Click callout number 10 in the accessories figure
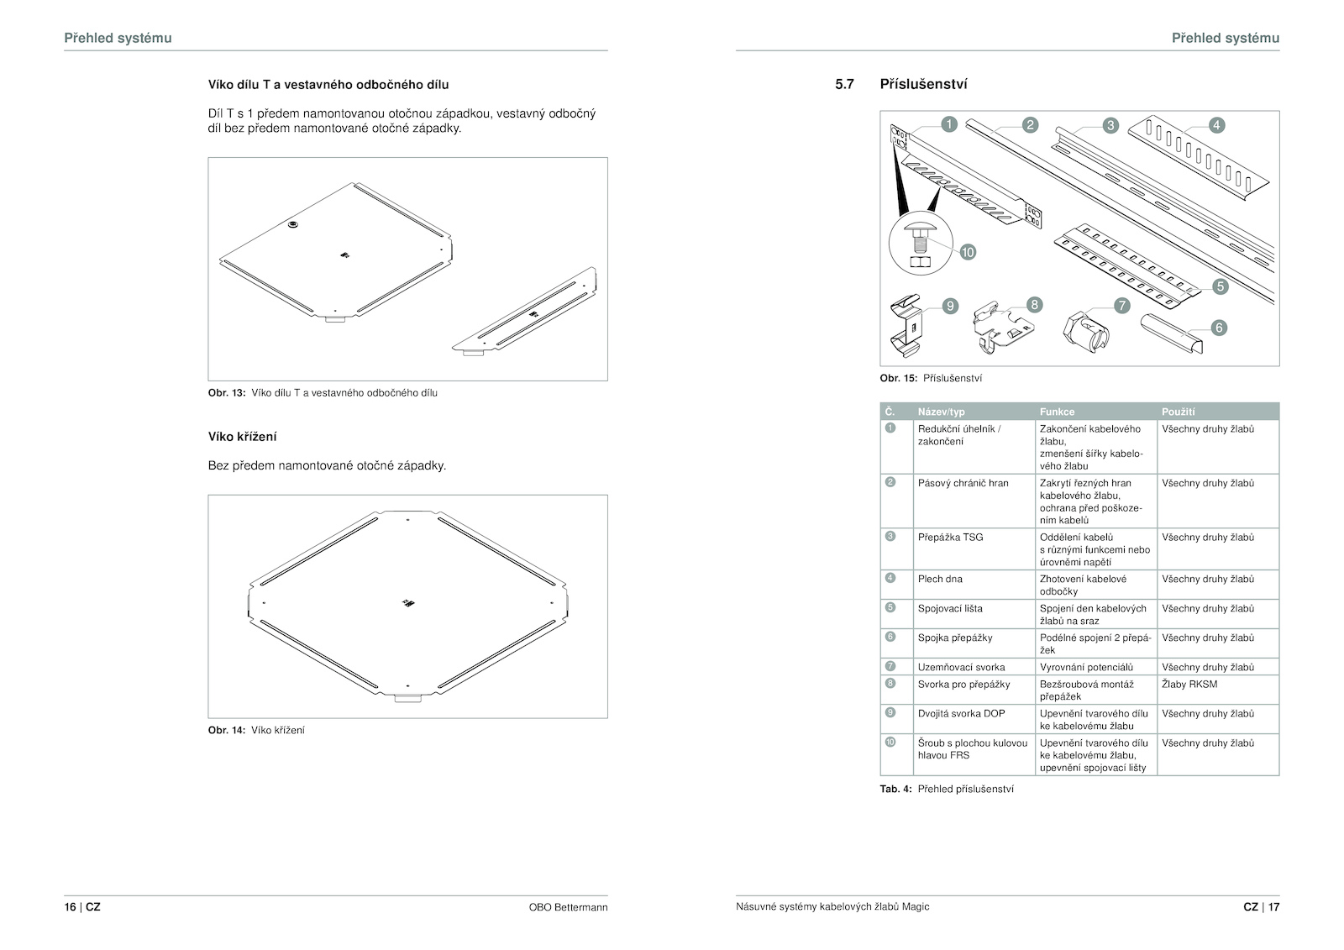(x=968, y=252)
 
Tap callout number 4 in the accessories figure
(x=1216, y=125)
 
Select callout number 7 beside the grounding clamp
(x=1122, y=306)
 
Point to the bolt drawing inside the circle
(x=921, y=245)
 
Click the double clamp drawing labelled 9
(x=906, y=327)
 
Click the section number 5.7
(x=844, y=84)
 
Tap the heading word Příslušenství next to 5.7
(x=923, y=84)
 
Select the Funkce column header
(x=1057, y=412)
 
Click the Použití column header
(x=1178, y=412)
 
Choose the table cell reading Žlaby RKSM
(x=1189, y=684)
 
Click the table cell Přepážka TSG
(x=950, y=537)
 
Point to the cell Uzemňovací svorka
(x=961, y=667)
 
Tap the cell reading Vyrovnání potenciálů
(x=1086, y=667)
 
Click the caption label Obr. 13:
(x=227, y=393)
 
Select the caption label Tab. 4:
(x=895, y=790)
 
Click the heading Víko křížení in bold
(x=243, y=437)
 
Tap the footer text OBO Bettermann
(x=568, y=907)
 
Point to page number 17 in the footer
(x=1273, y=907)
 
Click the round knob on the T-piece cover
(x=293, y=224)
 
